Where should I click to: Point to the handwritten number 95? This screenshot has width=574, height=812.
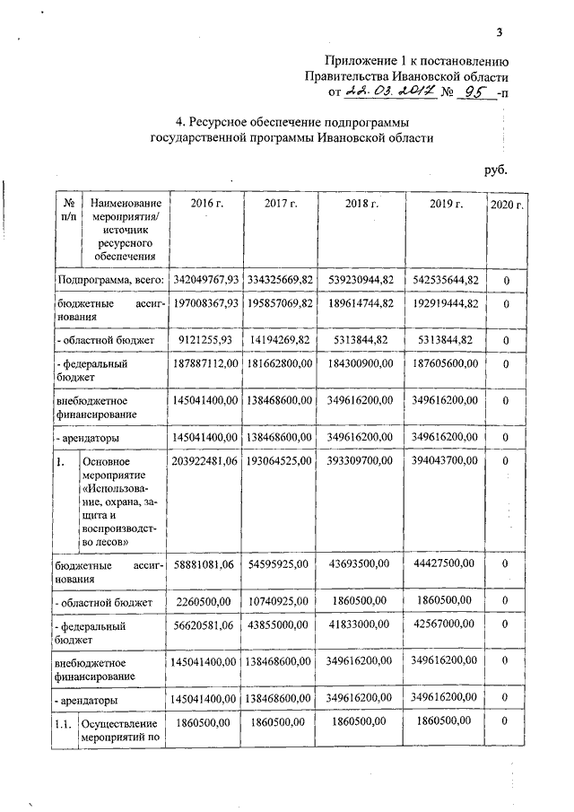(471, 92)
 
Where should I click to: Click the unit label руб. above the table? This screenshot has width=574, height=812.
(496, 169)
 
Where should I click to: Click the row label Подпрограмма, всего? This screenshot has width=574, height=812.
(109, 281)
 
